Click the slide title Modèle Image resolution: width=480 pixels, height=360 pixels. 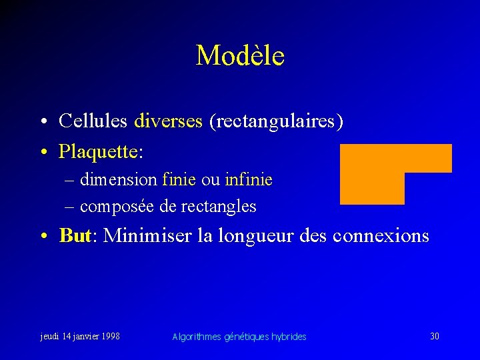coord(240,55)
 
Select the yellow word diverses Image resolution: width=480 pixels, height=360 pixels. coord(168,121)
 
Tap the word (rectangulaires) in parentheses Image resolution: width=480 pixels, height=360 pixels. coord(277,121)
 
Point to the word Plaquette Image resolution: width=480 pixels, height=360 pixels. coord(99,152)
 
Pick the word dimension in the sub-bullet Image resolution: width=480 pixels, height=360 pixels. coord(119,180)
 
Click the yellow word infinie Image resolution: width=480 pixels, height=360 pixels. coord(249,180)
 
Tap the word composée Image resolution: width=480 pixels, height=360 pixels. coord(118,207)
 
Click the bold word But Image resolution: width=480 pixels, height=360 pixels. coord(75,235)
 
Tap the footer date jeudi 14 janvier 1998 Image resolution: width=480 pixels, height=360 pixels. coord(80,336)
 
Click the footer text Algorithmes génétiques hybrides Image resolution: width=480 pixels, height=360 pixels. coord(239,337)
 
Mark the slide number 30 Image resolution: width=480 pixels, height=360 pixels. coord(435,336)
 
